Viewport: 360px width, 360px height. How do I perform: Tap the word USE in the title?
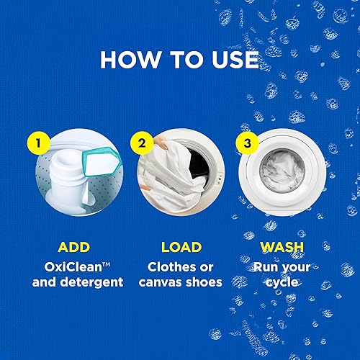(x=231, y=59)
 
